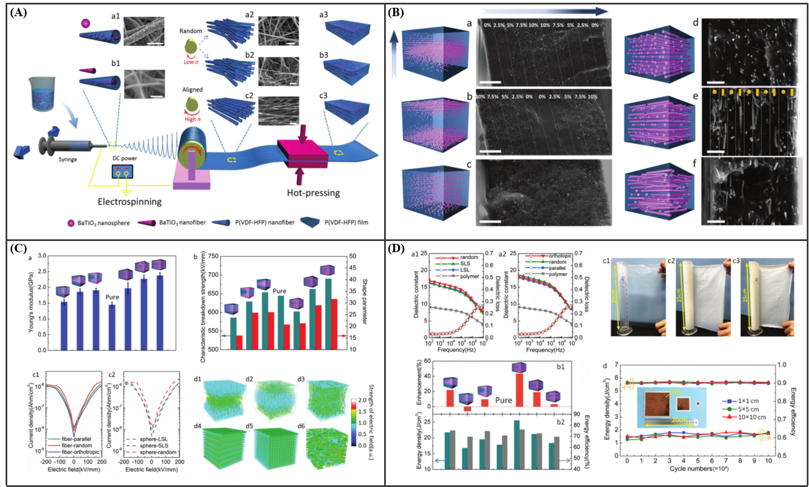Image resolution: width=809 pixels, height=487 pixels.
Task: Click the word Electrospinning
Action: click(x=130, y=201)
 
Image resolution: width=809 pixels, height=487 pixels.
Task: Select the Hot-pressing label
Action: click(x=313, y=193)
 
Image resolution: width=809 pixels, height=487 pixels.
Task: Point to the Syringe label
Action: click(x=68, y=160)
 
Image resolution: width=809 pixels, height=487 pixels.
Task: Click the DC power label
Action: click(x=125, y=158)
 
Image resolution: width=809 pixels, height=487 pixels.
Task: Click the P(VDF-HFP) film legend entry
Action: click(x=346, y=223)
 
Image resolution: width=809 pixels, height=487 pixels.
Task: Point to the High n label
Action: click(x=193, y=119)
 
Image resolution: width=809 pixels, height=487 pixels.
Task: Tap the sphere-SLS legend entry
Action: click(x=157, y=446)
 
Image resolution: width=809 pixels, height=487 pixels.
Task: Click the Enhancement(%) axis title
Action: click(x=419, y=383)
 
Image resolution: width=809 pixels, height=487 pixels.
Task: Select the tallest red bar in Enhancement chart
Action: click(x=519, y=389)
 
